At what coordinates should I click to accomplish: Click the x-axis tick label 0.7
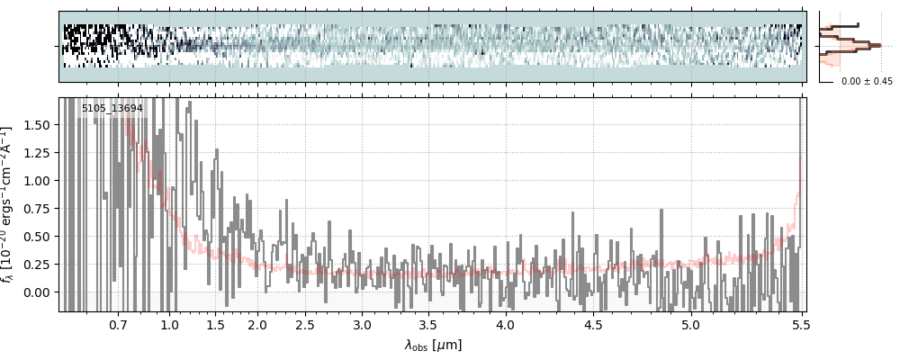(118, 324)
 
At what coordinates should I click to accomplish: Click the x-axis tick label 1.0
(169, 324)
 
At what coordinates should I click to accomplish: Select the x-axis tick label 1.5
(216, 324)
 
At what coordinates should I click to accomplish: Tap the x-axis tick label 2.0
(257, 324)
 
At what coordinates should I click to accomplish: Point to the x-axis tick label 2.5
(305, 324)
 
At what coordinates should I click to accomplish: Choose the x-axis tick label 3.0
(362, 324)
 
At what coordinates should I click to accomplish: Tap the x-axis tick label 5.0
(690, 324)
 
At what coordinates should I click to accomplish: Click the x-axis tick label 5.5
(798, 324)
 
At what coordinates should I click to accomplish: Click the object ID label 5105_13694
(112, 109)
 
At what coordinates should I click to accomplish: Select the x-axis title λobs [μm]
(433, 345)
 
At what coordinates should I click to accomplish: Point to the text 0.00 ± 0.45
(866, 81)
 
